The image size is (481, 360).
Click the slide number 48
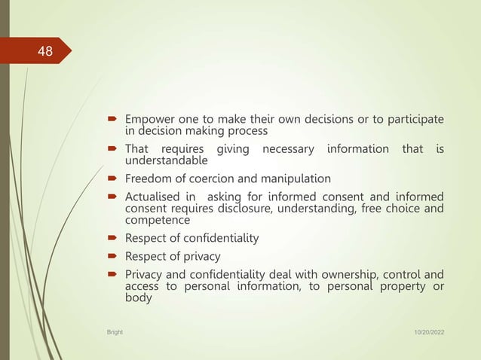pos(45,52)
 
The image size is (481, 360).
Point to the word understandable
pos(167,160)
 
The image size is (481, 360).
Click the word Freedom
pos(149,179)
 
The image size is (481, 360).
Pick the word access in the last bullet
pos(142,286)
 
